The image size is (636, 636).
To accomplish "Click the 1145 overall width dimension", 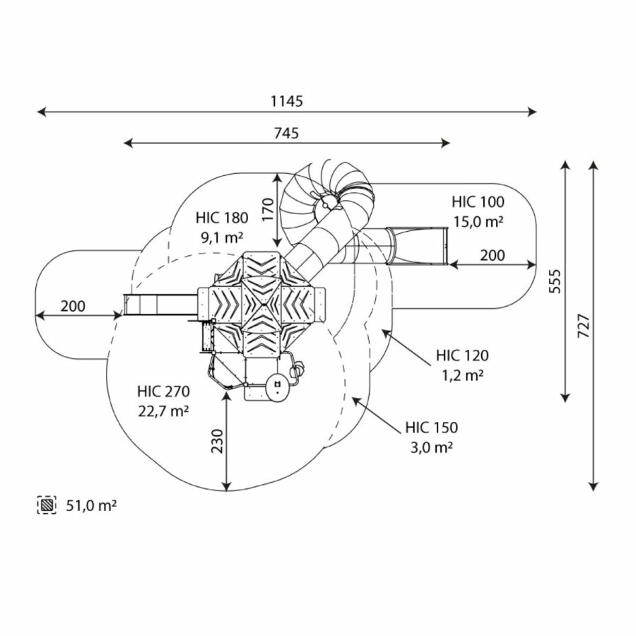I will (286, 101).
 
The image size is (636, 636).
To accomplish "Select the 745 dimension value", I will (286, 133).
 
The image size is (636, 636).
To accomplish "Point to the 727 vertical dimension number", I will (584, 324).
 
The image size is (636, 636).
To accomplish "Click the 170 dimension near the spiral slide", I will (266, 210).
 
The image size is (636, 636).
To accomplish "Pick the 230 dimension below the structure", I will (217, 441).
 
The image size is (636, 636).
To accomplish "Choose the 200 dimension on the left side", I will (72, 306).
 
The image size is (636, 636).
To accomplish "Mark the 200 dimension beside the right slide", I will (493, 255).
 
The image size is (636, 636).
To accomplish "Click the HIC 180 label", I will (222, 218).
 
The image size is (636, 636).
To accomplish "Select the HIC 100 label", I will (478, 202).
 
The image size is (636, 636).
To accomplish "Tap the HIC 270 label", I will (164, 391).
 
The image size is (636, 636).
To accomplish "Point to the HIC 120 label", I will (462, 355).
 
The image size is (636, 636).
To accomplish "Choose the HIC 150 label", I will (431, 428).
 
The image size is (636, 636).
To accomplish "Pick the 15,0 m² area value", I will (478, 221).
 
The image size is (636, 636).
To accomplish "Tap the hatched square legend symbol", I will (47, 505).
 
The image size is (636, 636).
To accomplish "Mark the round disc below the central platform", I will (276, 387).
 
